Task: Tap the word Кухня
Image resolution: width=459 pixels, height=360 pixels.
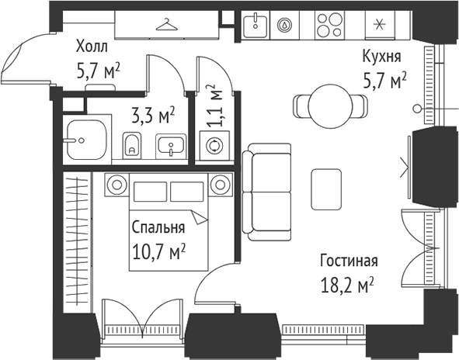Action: tap(381, 57)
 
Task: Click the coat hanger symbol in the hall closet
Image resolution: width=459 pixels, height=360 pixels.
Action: tap(165, 26)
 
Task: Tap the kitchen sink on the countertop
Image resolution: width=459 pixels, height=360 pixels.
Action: tap(254, 26)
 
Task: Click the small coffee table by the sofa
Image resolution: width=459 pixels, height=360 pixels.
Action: tap(326, 189)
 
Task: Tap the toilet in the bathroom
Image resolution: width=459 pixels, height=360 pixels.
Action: tap(132, 144)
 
